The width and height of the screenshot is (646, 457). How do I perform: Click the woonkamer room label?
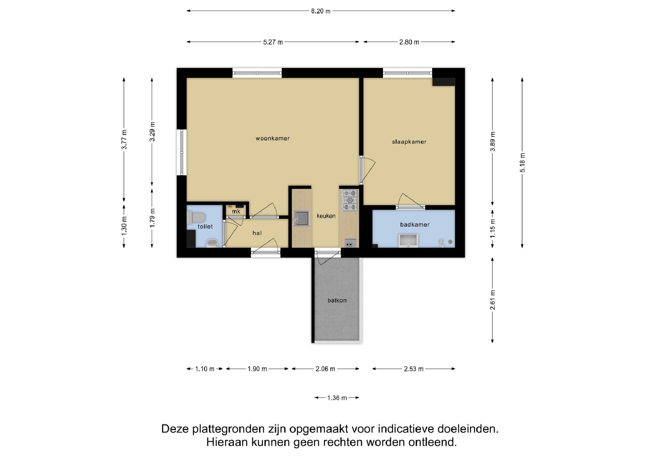(x=273, y=138)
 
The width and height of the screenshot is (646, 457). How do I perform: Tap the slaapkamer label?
(x=409, y=142)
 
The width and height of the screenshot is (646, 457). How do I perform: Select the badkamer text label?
(x=415, y=225)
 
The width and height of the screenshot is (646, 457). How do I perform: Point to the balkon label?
(x=337, y=300)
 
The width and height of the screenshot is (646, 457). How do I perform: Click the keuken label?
(x=326, y=216)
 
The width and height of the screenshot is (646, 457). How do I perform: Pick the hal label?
(x=257, y=233)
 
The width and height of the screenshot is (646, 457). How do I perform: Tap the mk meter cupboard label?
(x=236, y=211)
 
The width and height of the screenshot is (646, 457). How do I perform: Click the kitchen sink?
(x=301, y=219)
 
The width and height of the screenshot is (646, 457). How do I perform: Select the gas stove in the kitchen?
(x=349, y=200)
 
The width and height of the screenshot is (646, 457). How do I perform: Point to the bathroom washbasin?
(x=408, y=241)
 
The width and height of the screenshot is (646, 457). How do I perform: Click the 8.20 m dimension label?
(x=321, y=11)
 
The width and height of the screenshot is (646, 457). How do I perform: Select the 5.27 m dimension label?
(x=273, y=42)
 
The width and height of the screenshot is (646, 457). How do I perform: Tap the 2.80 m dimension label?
(x=409, y=42)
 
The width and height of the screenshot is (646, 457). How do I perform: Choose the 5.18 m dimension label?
(x=523, y=163)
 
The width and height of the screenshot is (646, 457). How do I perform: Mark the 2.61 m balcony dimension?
(x=493, y=300)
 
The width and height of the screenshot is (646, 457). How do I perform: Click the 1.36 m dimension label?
(x=337, y=398)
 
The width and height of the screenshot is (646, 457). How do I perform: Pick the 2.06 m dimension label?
(x=325, y=369)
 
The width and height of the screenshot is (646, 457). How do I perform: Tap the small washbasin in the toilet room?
(x=212, y=243)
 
